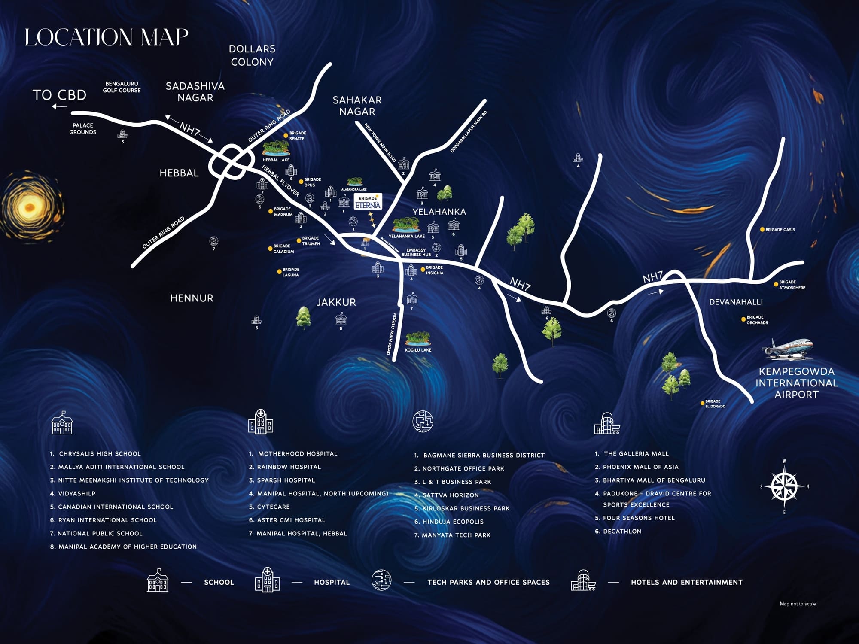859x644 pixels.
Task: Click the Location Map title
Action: coord(106,37)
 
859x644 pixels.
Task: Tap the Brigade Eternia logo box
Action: coord(368,202)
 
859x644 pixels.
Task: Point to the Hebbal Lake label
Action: coord(276,160)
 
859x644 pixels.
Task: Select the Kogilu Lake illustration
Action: coord(417,339)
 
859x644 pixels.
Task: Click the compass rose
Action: coord(784,486)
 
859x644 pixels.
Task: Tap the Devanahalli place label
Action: coord(736,302)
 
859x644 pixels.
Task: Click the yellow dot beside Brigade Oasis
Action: coord(762,230)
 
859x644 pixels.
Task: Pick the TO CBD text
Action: coord(59,95)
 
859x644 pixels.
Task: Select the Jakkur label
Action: coord(336,302)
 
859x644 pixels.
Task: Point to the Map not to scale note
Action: coord(798,604)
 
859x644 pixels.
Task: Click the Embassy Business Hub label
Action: coord(416,252)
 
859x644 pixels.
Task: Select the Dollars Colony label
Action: coord(252,55)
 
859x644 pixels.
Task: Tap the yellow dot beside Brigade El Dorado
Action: coord(702,404)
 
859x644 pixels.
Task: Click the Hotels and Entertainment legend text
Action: coord(686,583)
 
